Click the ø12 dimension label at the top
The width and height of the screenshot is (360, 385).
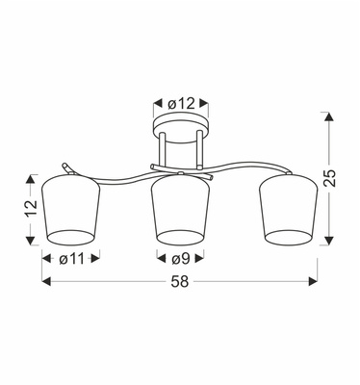pos(181,102)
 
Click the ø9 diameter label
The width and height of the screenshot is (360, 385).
pos(180,258)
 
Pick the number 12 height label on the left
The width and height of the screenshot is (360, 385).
pos(27,207)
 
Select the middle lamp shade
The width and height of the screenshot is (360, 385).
pos(180,208)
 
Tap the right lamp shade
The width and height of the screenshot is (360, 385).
pos(291,208)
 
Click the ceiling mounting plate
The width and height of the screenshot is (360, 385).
pos(180,124)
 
